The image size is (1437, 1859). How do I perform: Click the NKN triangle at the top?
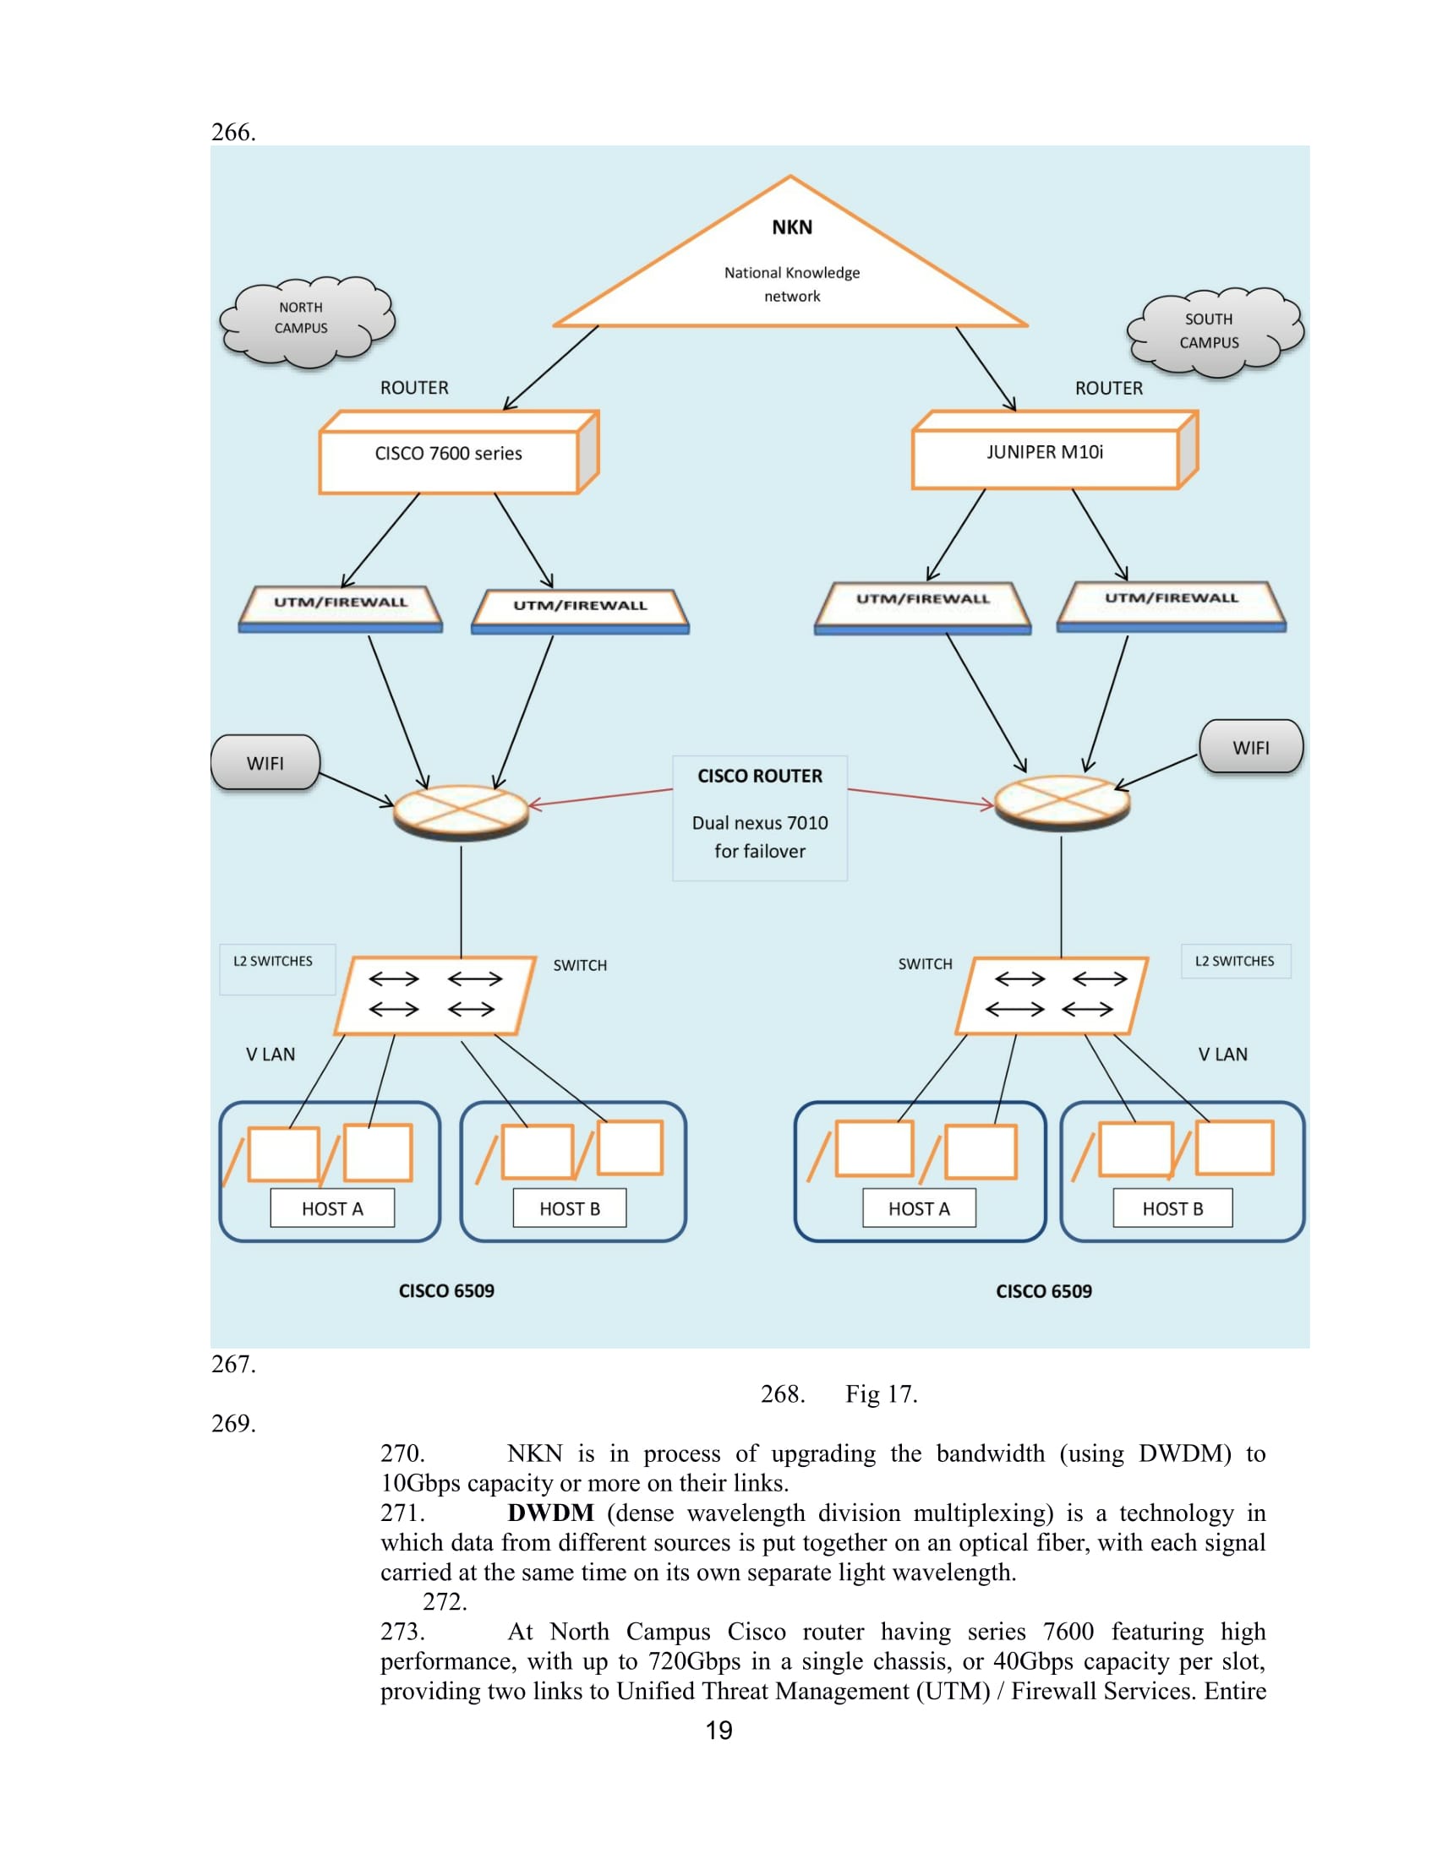791,264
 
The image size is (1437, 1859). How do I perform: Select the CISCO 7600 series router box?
449,454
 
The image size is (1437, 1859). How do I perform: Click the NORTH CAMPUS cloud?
304,319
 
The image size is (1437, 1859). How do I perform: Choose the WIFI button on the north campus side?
265,763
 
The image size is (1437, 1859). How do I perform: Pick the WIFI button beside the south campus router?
1250,747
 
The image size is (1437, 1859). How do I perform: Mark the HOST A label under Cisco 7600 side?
332,1208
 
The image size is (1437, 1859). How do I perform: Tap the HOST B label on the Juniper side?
1172,1208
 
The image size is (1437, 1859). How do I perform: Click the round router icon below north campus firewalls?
461,811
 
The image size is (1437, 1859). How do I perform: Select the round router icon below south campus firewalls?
1061,801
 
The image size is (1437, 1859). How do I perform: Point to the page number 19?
718,1731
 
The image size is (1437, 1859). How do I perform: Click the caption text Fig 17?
881,1393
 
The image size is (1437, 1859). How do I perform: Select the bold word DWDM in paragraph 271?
550,1513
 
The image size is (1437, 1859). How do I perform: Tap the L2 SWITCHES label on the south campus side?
1234,961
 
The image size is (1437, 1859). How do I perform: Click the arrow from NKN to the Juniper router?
986,368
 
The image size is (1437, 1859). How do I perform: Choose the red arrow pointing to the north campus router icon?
600,797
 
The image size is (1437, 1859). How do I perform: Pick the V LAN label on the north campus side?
270,1054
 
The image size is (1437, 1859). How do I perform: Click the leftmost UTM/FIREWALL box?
341,607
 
